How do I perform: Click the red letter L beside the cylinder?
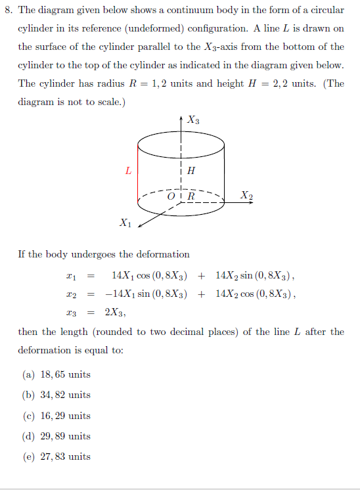(128, 171)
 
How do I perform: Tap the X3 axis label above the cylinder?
(193, 120)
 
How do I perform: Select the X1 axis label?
(125, 223)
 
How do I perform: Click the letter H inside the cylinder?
(191, 171)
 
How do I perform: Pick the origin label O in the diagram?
(171, 196)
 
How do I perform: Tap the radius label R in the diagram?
(191, 196)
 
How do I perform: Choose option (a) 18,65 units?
(56, 374)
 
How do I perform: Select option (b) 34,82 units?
(56, 395)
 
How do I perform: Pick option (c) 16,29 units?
(56, 416)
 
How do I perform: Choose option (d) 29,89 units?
(56, 436)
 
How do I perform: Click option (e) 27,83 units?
(56, 457)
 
